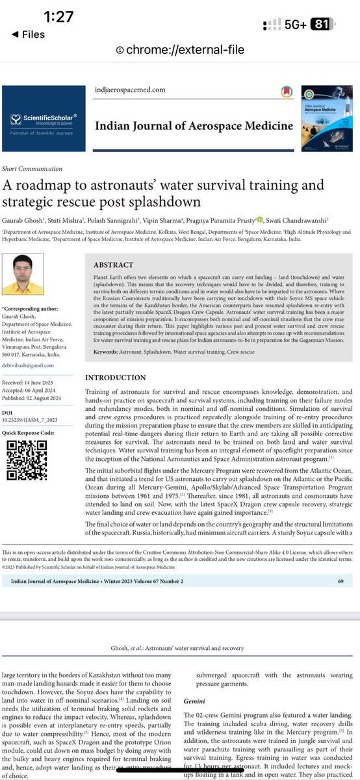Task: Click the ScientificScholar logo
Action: [x=44, y=119]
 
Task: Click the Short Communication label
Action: [x=32, y=168]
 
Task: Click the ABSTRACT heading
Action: [x=114, y=265]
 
